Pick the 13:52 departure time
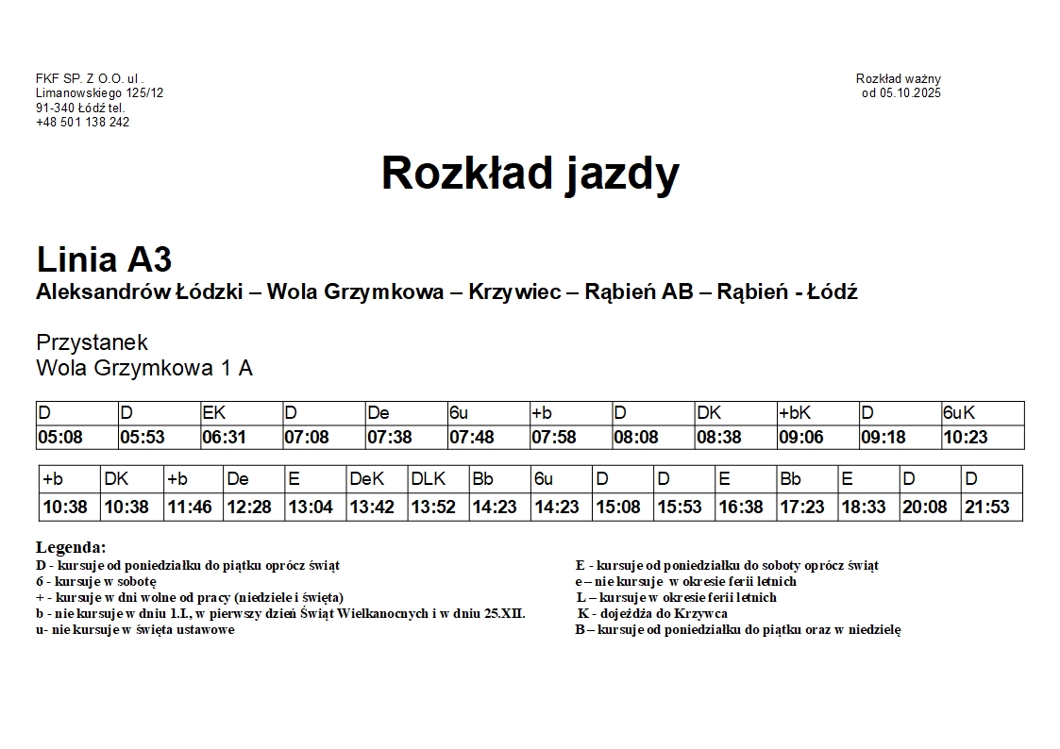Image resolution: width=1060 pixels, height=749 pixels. click(433, 508)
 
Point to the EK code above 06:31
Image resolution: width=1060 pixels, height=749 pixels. click(214, 413)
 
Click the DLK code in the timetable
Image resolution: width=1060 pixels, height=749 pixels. click(428, 479)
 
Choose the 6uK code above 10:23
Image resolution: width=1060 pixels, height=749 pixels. click(959, 413)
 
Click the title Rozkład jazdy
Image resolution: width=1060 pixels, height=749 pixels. click(530, 174)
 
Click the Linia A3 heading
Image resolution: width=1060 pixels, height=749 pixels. click(104, 259)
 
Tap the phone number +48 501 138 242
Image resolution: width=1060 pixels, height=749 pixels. click(83, 122)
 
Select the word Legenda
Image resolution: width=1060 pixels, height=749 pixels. click(71, 547)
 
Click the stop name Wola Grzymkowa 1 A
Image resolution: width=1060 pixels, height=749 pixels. click(144, 368)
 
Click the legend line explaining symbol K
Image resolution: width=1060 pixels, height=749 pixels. click(652, 613)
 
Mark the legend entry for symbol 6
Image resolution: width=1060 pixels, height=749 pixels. click(95, 581)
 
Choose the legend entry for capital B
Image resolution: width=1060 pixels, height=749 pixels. click(738, 629)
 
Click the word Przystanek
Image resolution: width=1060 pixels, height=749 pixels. click(92, 341)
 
